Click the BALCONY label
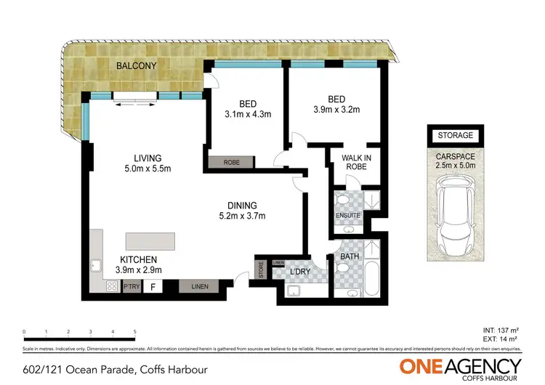coord(137,65)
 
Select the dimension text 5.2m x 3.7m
coord(242,216)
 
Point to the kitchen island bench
coord(150,242)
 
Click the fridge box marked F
coord(153,287)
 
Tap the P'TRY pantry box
coord(131,287)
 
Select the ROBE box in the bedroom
coord(231,162)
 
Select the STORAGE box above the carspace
coord(455,135)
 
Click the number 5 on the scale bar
coord(135,331)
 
